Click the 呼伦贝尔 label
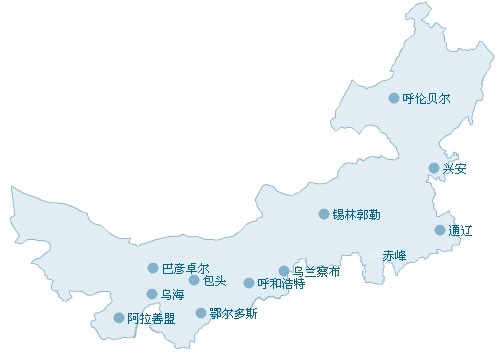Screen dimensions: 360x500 [x=427, y=99]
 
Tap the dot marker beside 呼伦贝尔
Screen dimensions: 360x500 [x=394, y=98]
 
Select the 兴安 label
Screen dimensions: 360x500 [x=455, y=168]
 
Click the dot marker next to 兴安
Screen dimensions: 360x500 [x=434, y=168]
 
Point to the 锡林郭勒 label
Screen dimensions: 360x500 [x=356, y=214]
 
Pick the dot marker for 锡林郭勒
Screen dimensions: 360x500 [x=324, y=214]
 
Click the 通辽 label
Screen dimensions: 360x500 [x=461, y=231]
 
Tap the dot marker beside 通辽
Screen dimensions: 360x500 [x=440, y=230]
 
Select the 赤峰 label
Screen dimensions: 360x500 [x=395, y=255]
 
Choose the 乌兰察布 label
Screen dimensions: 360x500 [x=317, y=271]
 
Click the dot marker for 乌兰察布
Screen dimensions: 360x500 [x=284, y=271]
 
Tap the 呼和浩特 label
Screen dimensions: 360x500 [x=281, y=284]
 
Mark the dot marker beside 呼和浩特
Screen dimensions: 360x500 [x=249, y=283]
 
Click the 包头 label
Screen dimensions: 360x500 [x=214, y=281]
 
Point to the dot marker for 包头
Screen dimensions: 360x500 [x=194, y=280]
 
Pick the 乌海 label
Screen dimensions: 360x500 [x=172, y=295]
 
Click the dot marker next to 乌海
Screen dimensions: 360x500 [x=152, y=294]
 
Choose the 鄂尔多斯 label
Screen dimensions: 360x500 [x=234, y=314]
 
